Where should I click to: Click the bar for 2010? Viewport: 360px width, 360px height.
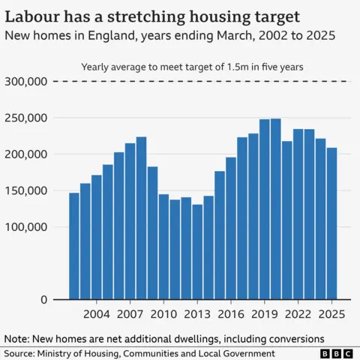click(x=163, y=247)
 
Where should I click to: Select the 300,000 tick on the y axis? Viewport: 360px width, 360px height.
click(x=26, y=81)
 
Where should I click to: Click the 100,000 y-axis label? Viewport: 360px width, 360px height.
click(x=26, y=226)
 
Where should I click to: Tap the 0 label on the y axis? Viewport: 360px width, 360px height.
click(x=43, y=299)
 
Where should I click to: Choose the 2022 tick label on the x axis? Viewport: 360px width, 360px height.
click(x=298, y=313)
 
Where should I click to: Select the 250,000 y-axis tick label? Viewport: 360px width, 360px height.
click(x=26, y=118)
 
